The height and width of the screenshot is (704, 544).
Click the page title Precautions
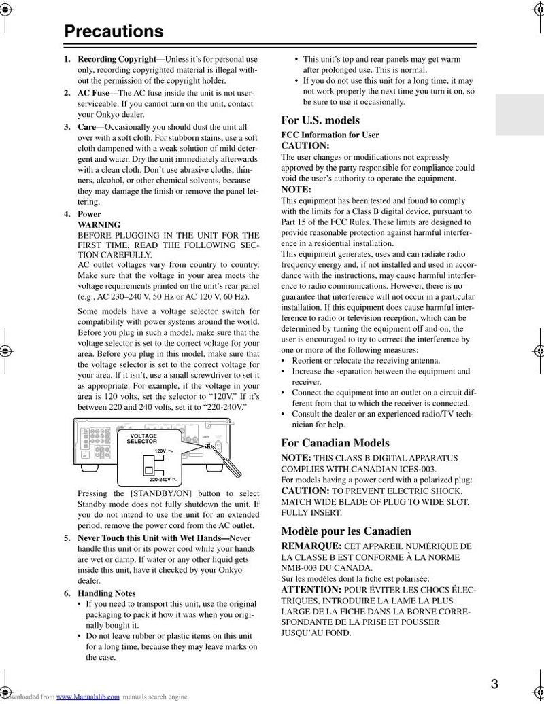click(114, 31)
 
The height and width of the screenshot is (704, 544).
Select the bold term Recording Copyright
click(116, 59)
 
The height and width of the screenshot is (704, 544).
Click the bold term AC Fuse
click(93, 92)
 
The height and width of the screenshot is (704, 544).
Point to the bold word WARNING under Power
click(99, 225)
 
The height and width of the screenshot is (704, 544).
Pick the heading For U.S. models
click(320, 120)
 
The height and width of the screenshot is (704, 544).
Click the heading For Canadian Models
click(335, 443)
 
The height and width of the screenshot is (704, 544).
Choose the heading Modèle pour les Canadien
click(346, 531)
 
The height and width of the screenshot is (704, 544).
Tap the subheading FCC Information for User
click(330, 135)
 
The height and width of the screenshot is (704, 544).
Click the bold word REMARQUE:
click(311, 546)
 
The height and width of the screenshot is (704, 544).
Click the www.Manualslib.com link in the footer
click(88, 697)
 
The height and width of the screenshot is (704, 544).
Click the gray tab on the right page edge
click(520, 115)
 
